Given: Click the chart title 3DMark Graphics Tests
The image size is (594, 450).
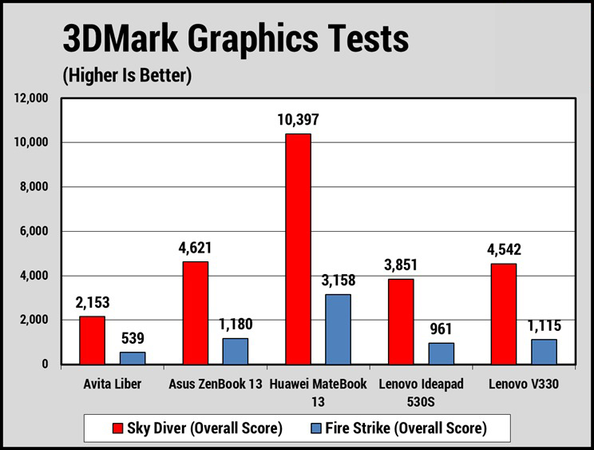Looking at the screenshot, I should (x=236, y=38).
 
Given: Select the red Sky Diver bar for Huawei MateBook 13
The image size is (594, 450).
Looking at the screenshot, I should (x=298, y=249).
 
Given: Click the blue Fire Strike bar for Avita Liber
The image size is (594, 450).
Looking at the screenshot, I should (x=133, y=357).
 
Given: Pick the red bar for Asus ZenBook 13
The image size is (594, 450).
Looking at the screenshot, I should (x=196, y=313).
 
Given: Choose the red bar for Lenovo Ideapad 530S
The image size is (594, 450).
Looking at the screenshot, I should (x=401, y=321).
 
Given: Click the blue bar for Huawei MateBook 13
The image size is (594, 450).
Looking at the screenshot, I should (x=338, y=329).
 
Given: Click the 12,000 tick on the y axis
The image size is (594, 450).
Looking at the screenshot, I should (x=33, y=98).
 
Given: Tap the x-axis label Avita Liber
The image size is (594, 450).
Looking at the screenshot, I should (x=113, y=384).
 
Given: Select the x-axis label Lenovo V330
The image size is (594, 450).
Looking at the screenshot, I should (x=524, y=384).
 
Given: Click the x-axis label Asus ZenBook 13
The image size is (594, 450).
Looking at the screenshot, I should (x=216, y=384).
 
